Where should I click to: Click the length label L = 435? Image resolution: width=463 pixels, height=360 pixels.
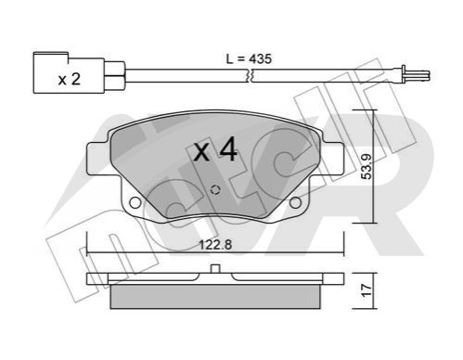click(x=249, y=58)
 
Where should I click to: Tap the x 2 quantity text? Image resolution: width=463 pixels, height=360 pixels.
click(x=70, y=79)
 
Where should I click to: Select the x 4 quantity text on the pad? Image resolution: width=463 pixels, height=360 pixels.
click(x=215, y=149)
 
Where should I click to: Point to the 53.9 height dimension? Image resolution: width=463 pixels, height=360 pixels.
click(x=367, y=166)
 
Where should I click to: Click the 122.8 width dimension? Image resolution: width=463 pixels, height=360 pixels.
click(x=215, y=245)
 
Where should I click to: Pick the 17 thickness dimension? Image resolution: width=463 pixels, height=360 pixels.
click(x=367, y=290)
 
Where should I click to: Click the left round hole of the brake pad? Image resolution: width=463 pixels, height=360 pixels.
click(x=135, y=202)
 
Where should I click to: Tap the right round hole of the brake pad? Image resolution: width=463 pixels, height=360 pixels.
click(x=295, y=202)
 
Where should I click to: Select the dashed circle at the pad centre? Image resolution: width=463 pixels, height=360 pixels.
click(x=215, y=190)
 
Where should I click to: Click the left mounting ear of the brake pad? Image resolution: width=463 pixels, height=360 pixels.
click(x=98, y=158)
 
